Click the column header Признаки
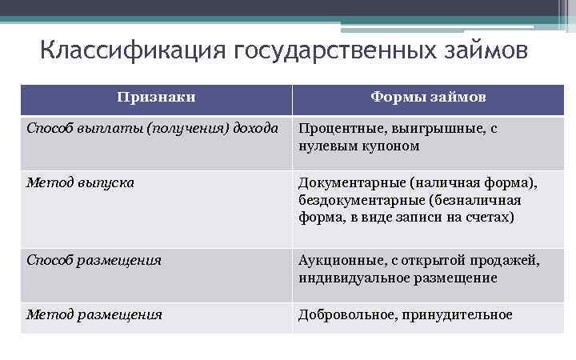coord(156,98)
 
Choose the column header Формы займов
coord(428,98)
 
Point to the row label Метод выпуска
coord(80,182)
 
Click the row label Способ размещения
coord(94,260)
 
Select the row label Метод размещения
coord(94,314)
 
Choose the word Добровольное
coord(346,314)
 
